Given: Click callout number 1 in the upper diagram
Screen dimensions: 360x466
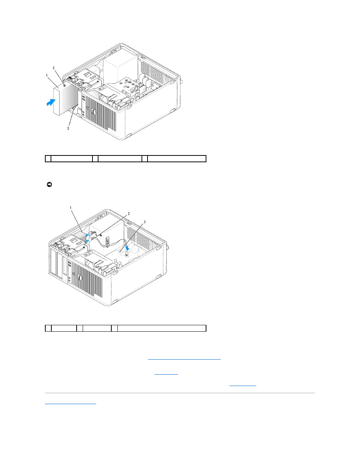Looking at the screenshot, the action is point(47,75).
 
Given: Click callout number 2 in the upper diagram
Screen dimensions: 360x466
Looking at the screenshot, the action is point(54,68).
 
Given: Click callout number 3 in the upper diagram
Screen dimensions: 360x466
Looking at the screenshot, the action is point(68,128).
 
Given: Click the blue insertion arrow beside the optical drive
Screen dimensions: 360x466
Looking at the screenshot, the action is point(51,102).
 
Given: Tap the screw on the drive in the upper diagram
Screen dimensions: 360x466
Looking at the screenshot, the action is point(64,86).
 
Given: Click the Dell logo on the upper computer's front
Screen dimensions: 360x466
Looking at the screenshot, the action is point(94,112).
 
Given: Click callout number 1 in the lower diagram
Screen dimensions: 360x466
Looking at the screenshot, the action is point(71,208).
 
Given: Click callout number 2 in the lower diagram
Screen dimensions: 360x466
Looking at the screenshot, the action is point(129,214).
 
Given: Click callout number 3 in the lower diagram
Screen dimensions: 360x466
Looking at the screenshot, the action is point(145,222).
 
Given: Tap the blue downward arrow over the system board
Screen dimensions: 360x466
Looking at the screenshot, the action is point(128,248).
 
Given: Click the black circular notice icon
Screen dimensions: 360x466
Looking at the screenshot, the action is point(49,185).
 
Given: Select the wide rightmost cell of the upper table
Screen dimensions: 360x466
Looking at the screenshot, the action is point(177,159).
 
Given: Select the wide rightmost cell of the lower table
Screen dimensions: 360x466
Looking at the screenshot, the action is point(162,328).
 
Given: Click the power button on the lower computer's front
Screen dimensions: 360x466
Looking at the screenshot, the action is point(74,274).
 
